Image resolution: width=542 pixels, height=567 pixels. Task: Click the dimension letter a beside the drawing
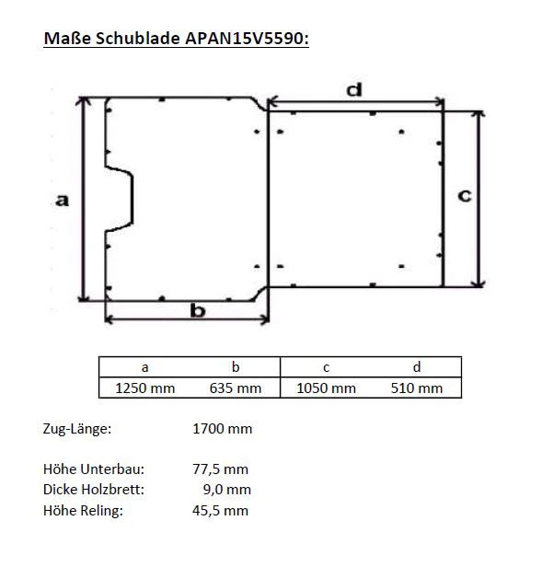click(x=62, y=200)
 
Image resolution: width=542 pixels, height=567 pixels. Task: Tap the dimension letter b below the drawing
click(x=196, y=310)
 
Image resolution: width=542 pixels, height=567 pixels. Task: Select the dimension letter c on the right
click(x=465, y=196)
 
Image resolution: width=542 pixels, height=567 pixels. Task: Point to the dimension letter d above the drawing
click(x=354, y=89)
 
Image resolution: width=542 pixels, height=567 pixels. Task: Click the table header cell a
click(x=144, y=367)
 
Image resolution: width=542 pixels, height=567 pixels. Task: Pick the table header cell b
click(x=236, y=367)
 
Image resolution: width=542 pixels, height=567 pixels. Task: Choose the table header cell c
click(x=326, y=367)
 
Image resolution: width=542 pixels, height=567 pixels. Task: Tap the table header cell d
click(x=417, y=367)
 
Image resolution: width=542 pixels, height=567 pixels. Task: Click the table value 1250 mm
click(x=144, y=388)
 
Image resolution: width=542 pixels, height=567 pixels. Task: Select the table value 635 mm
click(x=236, y=388)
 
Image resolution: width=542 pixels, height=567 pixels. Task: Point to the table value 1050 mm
click(x=326, y=388)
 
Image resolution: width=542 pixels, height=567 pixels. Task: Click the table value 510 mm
click(x=417, y=388)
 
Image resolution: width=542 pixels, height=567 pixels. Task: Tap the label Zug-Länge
click(x=76, y=429)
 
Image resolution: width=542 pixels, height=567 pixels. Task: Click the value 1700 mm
click(x=221, y=429)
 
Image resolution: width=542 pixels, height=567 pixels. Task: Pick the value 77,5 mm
click(x=221, y=469)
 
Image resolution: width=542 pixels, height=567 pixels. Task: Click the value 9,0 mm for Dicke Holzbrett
click(x=226, y=490)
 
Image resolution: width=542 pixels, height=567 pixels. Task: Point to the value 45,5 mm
click(x=221, y=510)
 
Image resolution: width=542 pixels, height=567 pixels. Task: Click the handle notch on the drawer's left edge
click(x=121, y=199)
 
